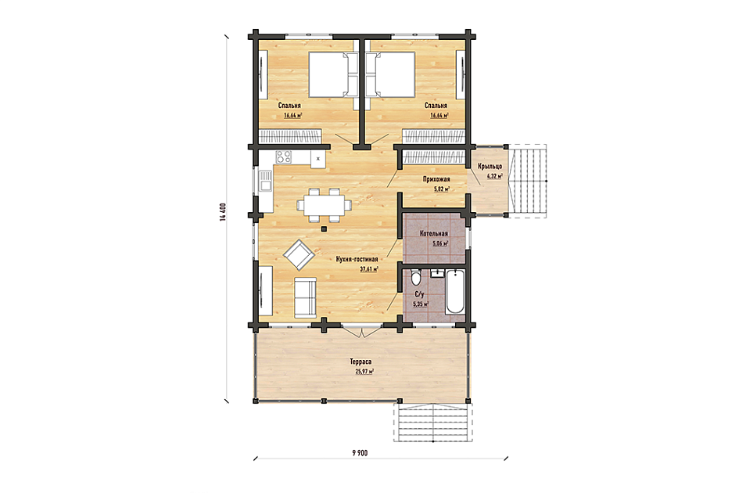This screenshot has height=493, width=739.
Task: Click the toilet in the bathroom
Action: pyautogui.click(x=416, y=277)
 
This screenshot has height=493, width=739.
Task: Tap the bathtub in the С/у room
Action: pyautogui.click(x=455, y=292)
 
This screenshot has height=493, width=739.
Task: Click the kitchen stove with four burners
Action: pyautogui.click(x=284, y=157)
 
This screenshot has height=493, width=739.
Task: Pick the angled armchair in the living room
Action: pyautogui.click(x=299, y=255)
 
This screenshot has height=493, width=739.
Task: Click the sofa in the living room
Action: pyautogui.click(x=306, y=298)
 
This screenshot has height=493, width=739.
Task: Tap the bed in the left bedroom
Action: pyautogui.click(x=333, y=74)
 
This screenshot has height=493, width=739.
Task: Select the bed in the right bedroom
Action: pyautogui.click(x=391, y=74)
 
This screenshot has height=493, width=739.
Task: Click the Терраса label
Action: pyautogui.click(x=361, y=362)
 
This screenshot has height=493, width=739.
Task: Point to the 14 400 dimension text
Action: pyautogui.click(x=223, y=212)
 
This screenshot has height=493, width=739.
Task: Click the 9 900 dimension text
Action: pyautogui.click(x=360, y=453)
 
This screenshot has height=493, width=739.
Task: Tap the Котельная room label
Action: pyautogui.click(x=434, y=233)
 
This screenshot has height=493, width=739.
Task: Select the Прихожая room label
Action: pyautogui.click(x=436, y=179)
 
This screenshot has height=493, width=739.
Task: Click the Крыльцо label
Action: pyautogui.click(x=490, y=167)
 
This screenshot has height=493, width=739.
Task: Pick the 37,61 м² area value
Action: pyautogui.click(x=369, y=269)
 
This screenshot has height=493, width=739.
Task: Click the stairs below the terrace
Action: pyautogui.click(x=432, y=423)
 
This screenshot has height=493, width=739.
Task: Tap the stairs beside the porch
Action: pyautogui.click(x=528, y=181)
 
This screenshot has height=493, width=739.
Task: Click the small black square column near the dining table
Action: pyautogui.click(x=324, y=229)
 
